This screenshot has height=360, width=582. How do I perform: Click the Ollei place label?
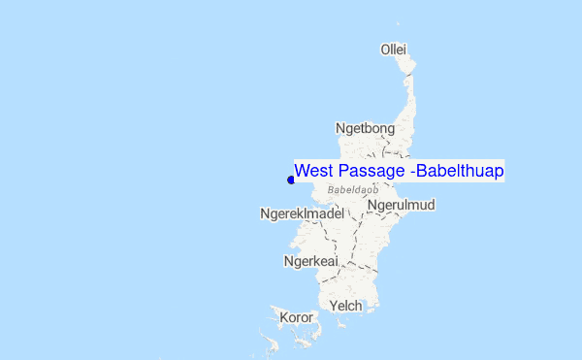[x=393, y=49]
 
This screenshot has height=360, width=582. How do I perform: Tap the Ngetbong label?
[x=365, y=128]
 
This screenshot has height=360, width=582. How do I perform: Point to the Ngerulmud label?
[x=402, y=205]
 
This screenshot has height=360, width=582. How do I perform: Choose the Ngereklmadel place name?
[x=303, y=213]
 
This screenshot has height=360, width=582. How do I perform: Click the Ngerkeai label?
[x=310, y=261]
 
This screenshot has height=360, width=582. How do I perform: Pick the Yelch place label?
[x=346, y=306]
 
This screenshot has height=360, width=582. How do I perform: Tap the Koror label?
[x=296, y=317]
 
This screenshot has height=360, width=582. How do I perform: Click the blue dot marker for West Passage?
[x=291, y=179]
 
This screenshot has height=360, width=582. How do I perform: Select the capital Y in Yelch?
[x=334, y=306]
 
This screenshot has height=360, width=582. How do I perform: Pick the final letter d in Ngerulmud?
[x=430, y=205]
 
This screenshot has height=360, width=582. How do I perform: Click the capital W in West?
[x=302, y=171]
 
